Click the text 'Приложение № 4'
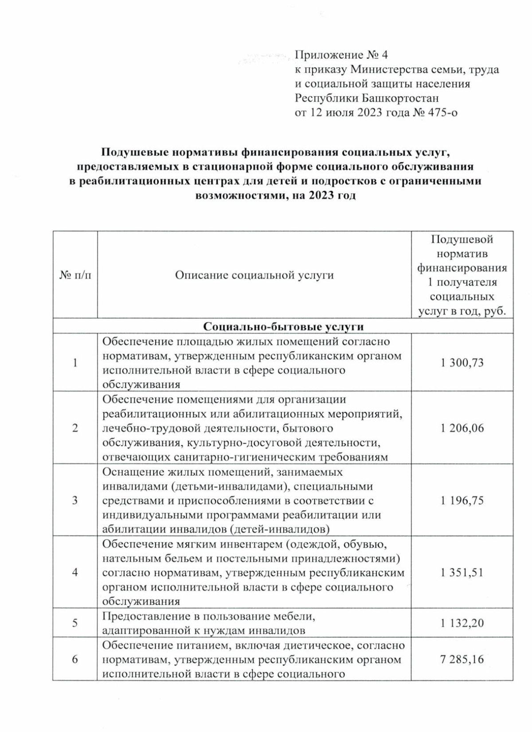click(x=341, y=55)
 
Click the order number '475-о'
click(x=442, y=112)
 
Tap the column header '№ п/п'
click(x=75, y=275)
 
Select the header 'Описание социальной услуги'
click(x=254, y=275)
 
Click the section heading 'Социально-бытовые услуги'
click(x=283, y=326)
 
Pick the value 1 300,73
click(x=462, y=363)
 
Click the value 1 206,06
click(x=462, y=428)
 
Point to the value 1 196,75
click(x=462, y=500)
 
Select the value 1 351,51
click(x=462, y=573)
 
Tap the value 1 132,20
click(x=462, y=623)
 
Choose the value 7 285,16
click(x=462, y=659)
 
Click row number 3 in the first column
click(x=75, y=500)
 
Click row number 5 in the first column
click(x=75, y=623)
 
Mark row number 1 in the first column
click(x=75, y=363)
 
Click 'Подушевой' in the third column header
click(x=462, y=240)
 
